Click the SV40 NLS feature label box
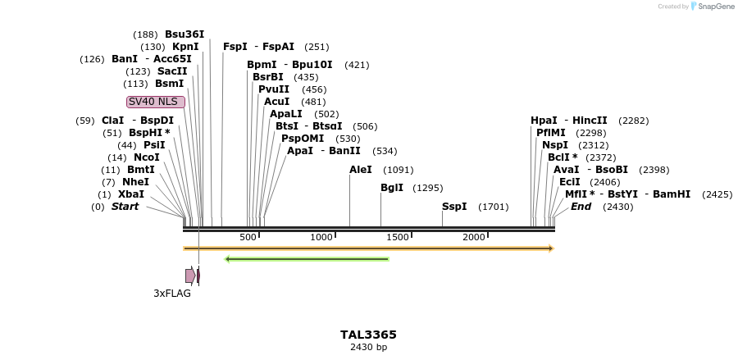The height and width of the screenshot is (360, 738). pyautogui.click(x=156, y=102)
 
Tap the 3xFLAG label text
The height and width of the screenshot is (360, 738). pyautogui.click(x=172, y=293)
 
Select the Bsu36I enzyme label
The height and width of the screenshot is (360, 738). pyautogui.click(x=184, y=34)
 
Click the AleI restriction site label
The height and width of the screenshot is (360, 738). pyautogui.click(x=361, y=170)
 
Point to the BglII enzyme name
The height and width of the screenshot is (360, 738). pyautogui.click(x=392, y=188)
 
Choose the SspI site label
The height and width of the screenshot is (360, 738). pyautogui.click(x=454, y=207)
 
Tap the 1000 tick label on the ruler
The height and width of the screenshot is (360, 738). pyautogui.click(x=321, y=237)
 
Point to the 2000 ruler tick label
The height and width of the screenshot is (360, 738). pyautogui.click(x=474, y=237)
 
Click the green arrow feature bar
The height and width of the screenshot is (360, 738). pyautogui.click(x=307, y=259)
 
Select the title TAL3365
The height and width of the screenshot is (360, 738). pyautogui.click(x=368, y=335)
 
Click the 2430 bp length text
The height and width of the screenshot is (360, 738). pyautogui.click(x=368, y=348)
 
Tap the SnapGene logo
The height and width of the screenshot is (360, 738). pyautogui.click(x=712, y=7)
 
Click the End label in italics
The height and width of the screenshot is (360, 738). pyautogui.click(x=581, y=207)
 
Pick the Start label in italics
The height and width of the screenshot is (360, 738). pyautogui.click(x=125, y=207)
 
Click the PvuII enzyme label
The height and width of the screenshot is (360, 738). pyautogui.click(x=274, y=89)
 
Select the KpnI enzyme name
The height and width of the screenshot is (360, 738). pyautogui.click(x=185, y=47)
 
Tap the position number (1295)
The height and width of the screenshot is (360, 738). pyautogui.click(x=427, y=188)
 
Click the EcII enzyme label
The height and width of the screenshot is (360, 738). pyautogui.click(x=570, y=182)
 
